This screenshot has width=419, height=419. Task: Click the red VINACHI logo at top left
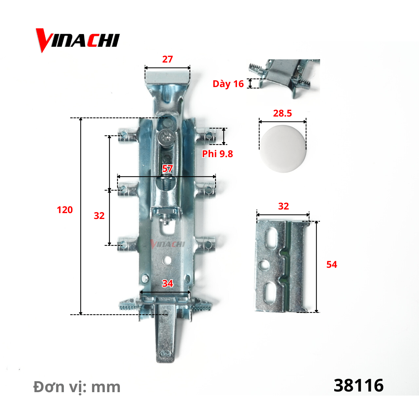(x=78, y=41)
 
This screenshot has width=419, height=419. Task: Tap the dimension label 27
(x=167, y=59)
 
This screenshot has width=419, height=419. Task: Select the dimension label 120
(x=64, y=210)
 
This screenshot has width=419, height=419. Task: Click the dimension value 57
(x=167, y=169)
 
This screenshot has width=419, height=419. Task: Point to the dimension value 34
(x=167, y=283)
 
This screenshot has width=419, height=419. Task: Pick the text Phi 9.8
(x=217, y=154)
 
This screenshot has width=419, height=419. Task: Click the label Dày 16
(x=228, y=84)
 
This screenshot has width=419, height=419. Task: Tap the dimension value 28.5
(x=282, y=113)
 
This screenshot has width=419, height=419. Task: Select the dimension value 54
(x=332, y=264)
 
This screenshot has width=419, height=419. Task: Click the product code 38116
(x=358, y=386)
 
